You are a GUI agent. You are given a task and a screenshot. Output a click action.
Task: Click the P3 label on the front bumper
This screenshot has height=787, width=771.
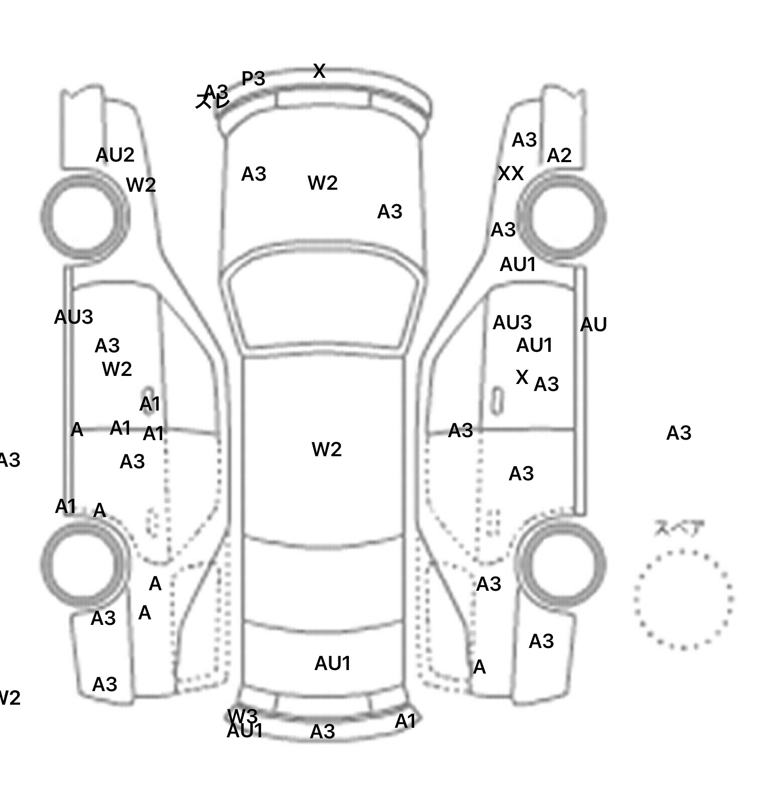coord(253,79)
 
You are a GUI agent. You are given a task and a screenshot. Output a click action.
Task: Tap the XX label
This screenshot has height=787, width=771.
coord(510,174)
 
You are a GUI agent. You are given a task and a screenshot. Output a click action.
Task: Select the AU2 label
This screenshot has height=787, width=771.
coord(115,155)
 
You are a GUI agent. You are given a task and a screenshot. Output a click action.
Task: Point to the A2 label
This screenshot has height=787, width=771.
coord(559,156)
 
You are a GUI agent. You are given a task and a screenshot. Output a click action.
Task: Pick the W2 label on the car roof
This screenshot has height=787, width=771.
coord(326,449)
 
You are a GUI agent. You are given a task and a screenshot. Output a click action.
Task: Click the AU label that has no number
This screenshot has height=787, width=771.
coord(593,325)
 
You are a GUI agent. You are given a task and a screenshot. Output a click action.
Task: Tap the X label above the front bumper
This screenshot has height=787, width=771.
coord(319,71)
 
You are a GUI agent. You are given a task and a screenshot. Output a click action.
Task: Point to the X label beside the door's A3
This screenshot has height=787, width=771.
coord(522,377)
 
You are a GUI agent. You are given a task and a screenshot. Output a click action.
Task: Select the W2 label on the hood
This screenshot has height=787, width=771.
coord(322,183)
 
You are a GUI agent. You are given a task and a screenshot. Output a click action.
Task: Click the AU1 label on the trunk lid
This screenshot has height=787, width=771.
coord(332,664)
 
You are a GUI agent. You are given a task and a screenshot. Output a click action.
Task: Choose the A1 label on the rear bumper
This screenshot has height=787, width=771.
coord(406,722)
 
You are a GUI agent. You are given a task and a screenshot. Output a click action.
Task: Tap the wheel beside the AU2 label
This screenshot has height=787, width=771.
coord(84,217)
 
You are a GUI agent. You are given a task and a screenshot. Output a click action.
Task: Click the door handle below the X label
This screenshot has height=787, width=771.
coord(496,401)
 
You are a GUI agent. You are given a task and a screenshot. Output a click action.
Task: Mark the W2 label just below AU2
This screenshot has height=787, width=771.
coord(141,185)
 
